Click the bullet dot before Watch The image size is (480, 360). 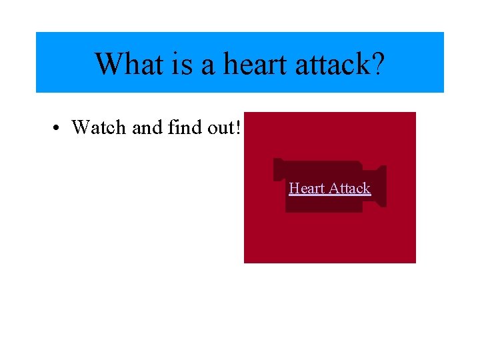tap(59, 127)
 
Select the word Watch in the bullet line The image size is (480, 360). tap(99, 127)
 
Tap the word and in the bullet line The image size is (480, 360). tap(146, 127)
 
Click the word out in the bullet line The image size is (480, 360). tap(219, 127)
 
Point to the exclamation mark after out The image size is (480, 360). tap(237, 127)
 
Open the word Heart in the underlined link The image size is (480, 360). tap(307, 188)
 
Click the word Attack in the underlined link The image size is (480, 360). tap(349, 188)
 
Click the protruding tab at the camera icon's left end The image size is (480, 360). tap(279, 169)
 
